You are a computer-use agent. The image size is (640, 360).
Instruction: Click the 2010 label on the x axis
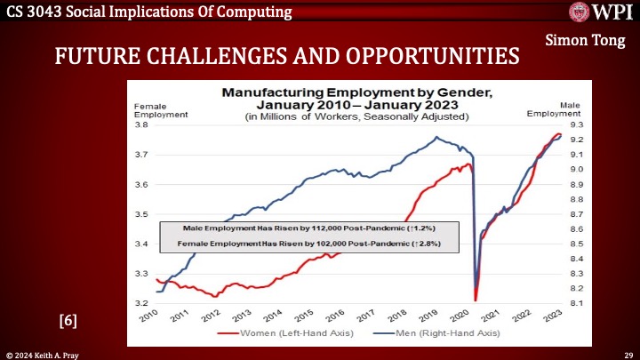(x=149, y=315)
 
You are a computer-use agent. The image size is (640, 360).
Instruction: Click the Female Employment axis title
(x=152, y=109)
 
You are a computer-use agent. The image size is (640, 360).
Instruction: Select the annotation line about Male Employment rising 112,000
(x=303, y=228)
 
